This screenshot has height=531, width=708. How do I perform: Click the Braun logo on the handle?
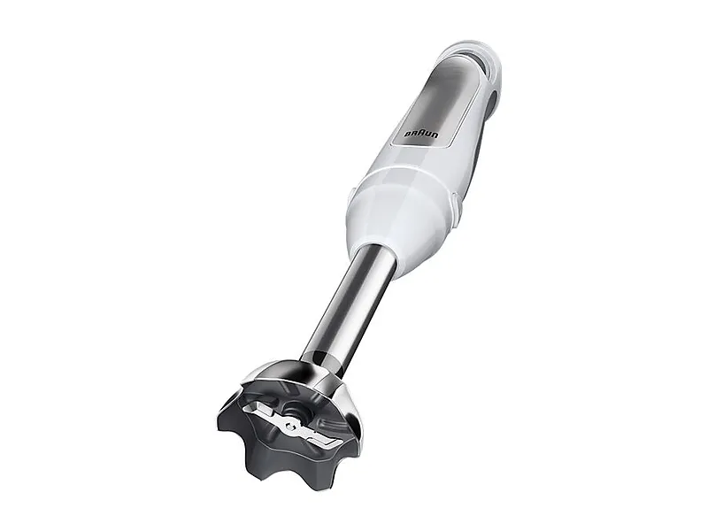pyautogui.click(x=422, y=135)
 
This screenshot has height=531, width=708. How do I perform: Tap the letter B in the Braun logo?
pyautogui.click(x=407, y=135)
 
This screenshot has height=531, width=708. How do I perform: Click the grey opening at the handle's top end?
pyautogui.click(x=480, y=62)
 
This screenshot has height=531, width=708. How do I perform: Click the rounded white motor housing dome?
pyautogui.click(x=402, y=212)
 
